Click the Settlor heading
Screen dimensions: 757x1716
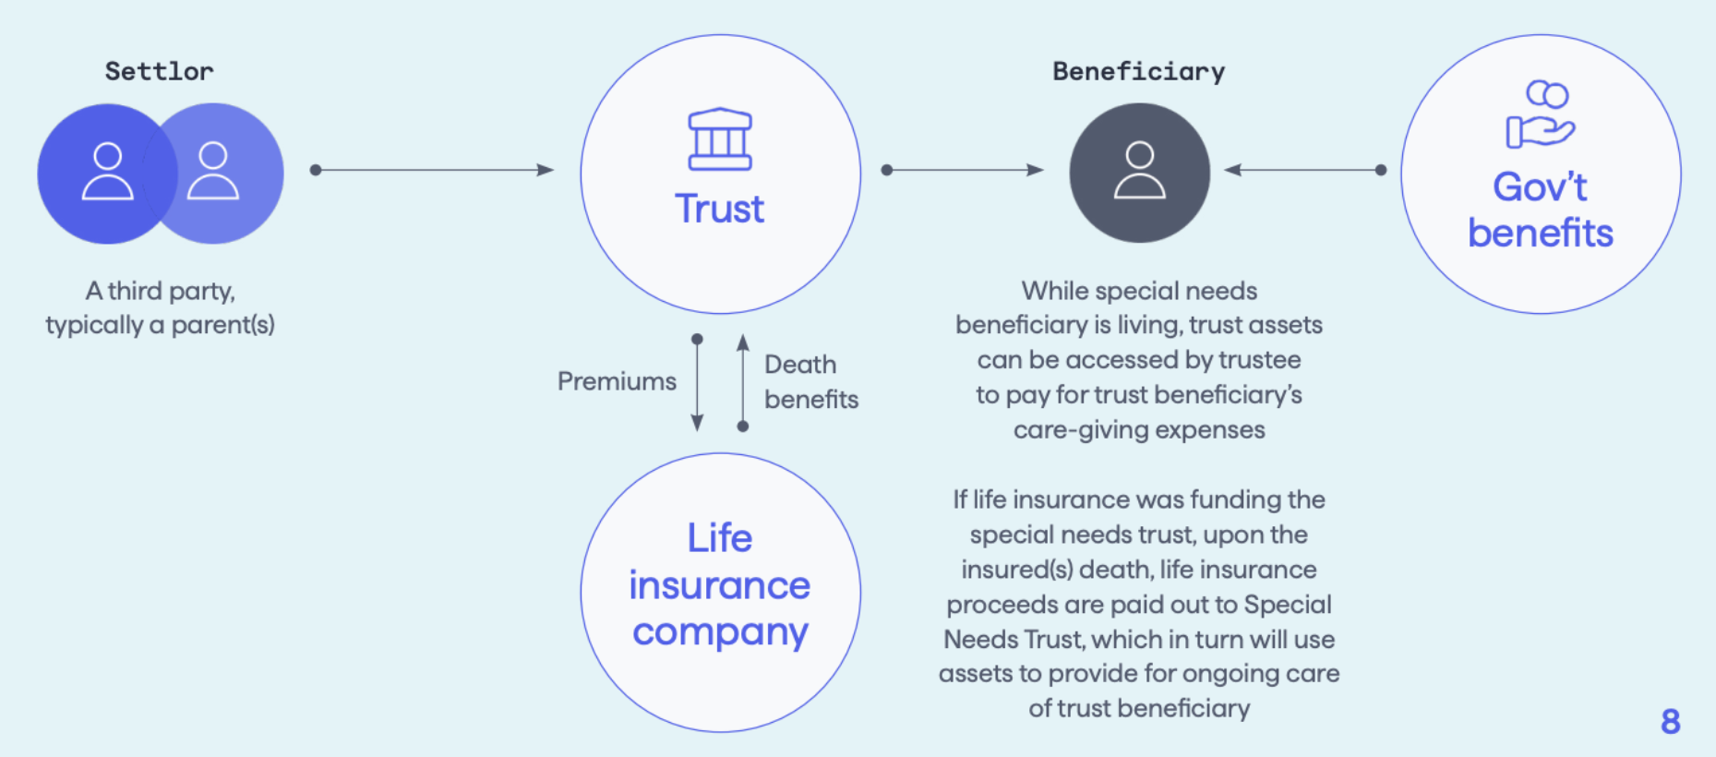tap(159, 71)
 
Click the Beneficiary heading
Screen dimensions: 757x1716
tap(1138, 71)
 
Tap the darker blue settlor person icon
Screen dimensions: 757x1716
tap(107, 172)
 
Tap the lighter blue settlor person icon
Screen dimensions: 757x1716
tap(214, 172)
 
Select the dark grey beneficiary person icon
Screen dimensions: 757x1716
tap(1139, 172)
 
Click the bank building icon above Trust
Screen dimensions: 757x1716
tap(720, 139)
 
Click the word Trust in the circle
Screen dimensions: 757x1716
tap(719, 210)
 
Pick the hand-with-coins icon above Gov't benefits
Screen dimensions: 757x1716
tap(1541, 114)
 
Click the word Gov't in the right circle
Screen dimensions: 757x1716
tap(1540, 187)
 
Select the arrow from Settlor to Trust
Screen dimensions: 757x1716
tap(434, 170)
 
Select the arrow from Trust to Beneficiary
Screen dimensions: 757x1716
tap(965, 170)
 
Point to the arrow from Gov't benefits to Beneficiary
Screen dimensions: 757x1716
tap(1304, 170)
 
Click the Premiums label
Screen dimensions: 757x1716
tap(617, 381)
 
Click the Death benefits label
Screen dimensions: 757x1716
tap(810, 381)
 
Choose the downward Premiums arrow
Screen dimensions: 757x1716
tap(697, 383)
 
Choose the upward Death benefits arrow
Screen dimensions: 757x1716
tap(743, 383)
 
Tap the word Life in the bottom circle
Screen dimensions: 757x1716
tap(719, 538)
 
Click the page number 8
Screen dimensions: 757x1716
tap(1670, 721)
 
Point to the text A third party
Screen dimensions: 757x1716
tap(160, 291)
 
